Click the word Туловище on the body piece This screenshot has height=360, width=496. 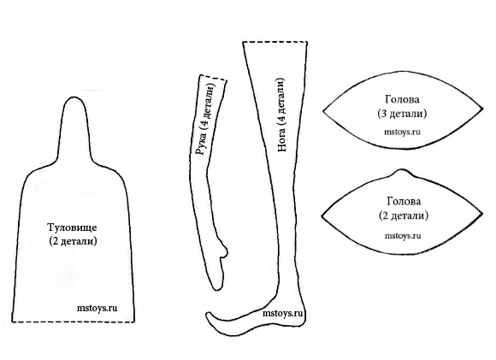(72, 227)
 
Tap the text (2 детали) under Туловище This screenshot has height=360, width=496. (73, 241)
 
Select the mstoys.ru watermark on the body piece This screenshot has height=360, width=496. (97, 308)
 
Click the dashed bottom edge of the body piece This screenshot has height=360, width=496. (73, 322)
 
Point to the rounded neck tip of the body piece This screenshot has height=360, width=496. (74, 97)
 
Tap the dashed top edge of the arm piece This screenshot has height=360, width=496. (214, 78)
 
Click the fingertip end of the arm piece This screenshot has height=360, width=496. (217, 289)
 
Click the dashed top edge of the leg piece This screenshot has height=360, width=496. (275, 42)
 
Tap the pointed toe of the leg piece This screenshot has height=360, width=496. (208, 314)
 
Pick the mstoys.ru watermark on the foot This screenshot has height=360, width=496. (282, 314)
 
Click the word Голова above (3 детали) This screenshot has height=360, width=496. (403, 100)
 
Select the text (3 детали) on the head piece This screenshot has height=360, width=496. (402, 114)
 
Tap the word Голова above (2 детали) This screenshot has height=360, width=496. (404, 202)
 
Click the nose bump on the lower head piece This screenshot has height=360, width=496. (402, 171)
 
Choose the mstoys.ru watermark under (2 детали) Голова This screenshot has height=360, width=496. (403, 236)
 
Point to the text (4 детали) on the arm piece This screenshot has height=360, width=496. (210, 107)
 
